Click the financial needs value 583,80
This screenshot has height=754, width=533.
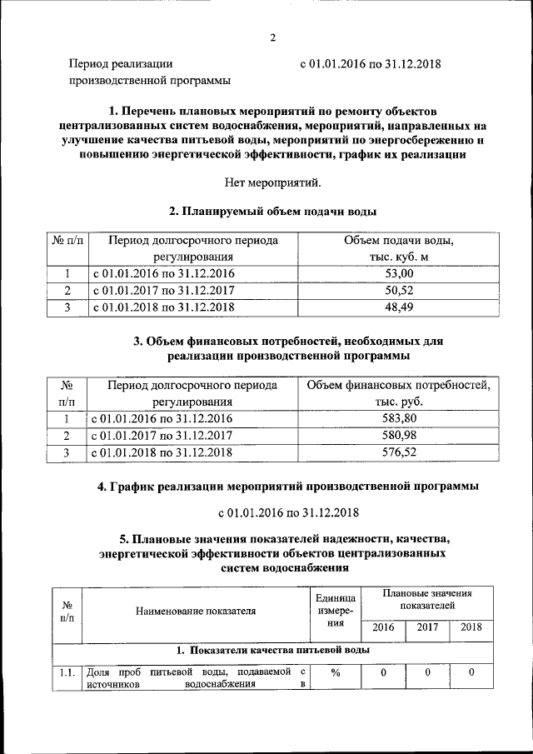click(397, 418)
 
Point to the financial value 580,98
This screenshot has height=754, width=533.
click(397, 435)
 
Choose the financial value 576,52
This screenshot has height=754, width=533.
click(397, 452)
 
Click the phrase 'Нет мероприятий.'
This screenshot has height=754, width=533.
click(272, 182)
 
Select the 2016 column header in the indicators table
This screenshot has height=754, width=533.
click(383, 627)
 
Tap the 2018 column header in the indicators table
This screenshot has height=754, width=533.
click(471, 627)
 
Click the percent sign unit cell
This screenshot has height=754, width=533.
click(336, 673)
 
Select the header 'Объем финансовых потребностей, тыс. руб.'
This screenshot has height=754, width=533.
click(397, 392)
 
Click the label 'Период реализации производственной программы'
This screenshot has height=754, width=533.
click(149, 72)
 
